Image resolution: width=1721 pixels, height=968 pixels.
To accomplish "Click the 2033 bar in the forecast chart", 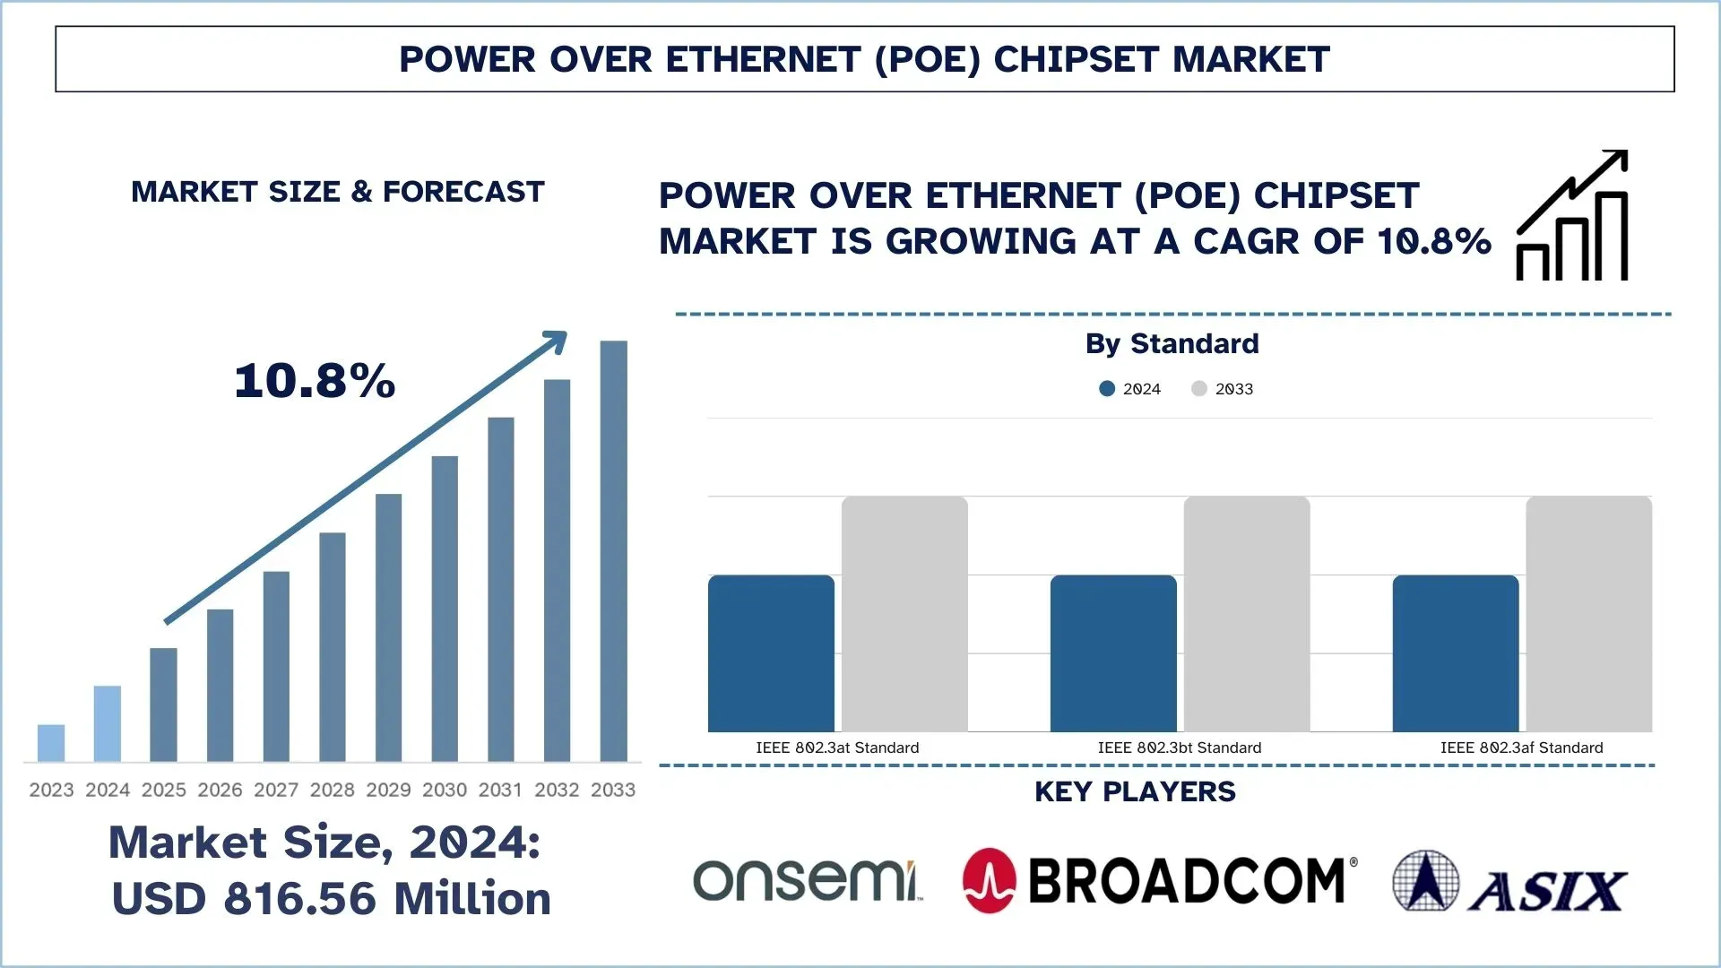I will (613, 551).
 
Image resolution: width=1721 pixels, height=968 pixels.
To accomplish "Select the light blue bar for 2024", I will (107, 723).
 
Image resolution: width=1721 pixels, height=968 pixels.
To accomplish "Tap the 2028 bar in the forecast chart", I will (333, 646).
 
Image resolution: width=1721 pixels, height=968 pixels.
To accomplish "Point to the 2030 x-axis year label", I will (445, 790).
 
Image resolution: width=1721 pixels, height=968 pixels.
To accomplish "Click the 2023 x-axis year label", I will (51, 790).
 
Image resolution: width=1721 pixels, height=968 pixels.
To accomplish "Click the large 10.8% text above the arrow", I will (315, 381).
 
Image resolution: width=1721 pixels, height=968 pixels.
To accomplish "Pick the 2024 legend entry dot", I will (1107, 389).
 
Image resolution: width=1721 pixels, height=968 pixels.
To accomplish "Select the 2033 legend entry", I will (1223, 389).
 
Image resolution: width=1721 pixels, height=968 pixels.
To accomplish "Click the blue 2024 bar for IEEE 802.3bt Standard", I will (1112, 653).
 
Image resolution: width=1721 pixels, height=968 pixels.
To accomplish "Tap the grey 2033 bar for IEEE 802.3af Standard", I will (1588, 614).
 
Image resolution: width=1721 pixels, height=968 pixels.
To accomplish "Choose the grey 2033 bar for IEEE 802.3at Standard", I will (904, 614).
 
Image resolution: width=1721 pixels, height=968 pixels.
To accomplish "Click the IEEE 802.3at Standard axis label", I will (837, 748).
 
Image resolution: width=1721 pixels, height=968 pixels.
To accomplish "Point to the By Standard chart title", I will (1172, 343).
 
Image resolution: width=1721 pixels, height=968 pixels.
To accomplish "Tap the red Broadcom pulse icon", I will (989, 880).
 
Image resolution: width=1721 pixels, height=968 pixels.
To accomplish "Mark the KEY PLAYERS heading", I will (1135, 791).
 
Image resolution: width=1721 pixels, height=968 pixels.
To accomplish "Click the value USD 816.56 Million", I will (331, 899).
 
